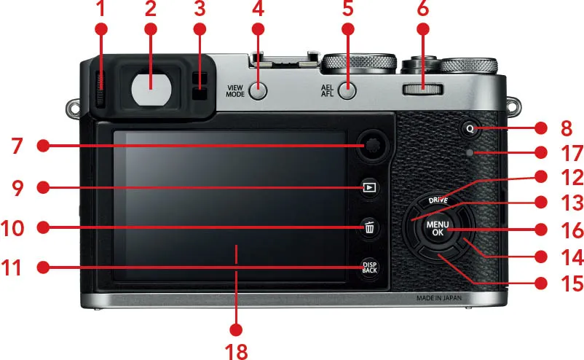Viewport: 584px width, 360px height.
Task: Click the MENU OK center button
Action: (438, 228)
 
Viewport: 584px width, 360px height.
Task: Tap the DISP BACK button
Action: (369, 267)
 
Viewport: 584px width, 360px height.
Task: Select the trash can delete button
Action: (369, 227)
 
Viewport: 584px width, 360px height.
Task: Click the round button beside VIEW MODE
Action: (258, 90)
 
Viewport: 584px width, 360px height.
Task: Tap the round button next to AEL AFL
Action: (347, 90)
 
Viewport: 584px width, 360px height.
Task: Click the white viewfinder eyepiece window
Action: (151, 89)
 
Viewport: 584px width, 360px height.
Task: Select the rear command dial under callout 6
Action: (423, 90)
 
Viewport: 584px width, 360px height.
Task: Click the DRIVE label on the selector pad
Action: (438, 200)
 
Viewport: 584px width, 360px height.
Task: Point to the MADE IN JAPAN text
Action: (439, 298)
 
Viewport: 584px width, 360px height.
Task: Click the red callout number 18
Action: (236, 351)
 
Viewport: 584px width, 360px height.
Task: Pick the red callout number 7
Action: (17, 146)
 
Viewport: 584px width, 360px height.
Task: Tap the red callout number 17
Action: (572, 154)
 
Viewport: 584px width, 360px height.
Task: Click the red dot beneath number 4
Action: (258, 29)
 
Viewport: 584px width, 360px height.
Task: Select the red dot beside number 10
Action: (43, 227)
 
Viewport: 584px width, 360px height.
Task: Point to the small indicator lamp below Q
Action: (470, 152)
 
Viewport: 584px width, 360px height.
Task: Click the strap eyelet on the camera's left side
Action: (73, 108)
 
